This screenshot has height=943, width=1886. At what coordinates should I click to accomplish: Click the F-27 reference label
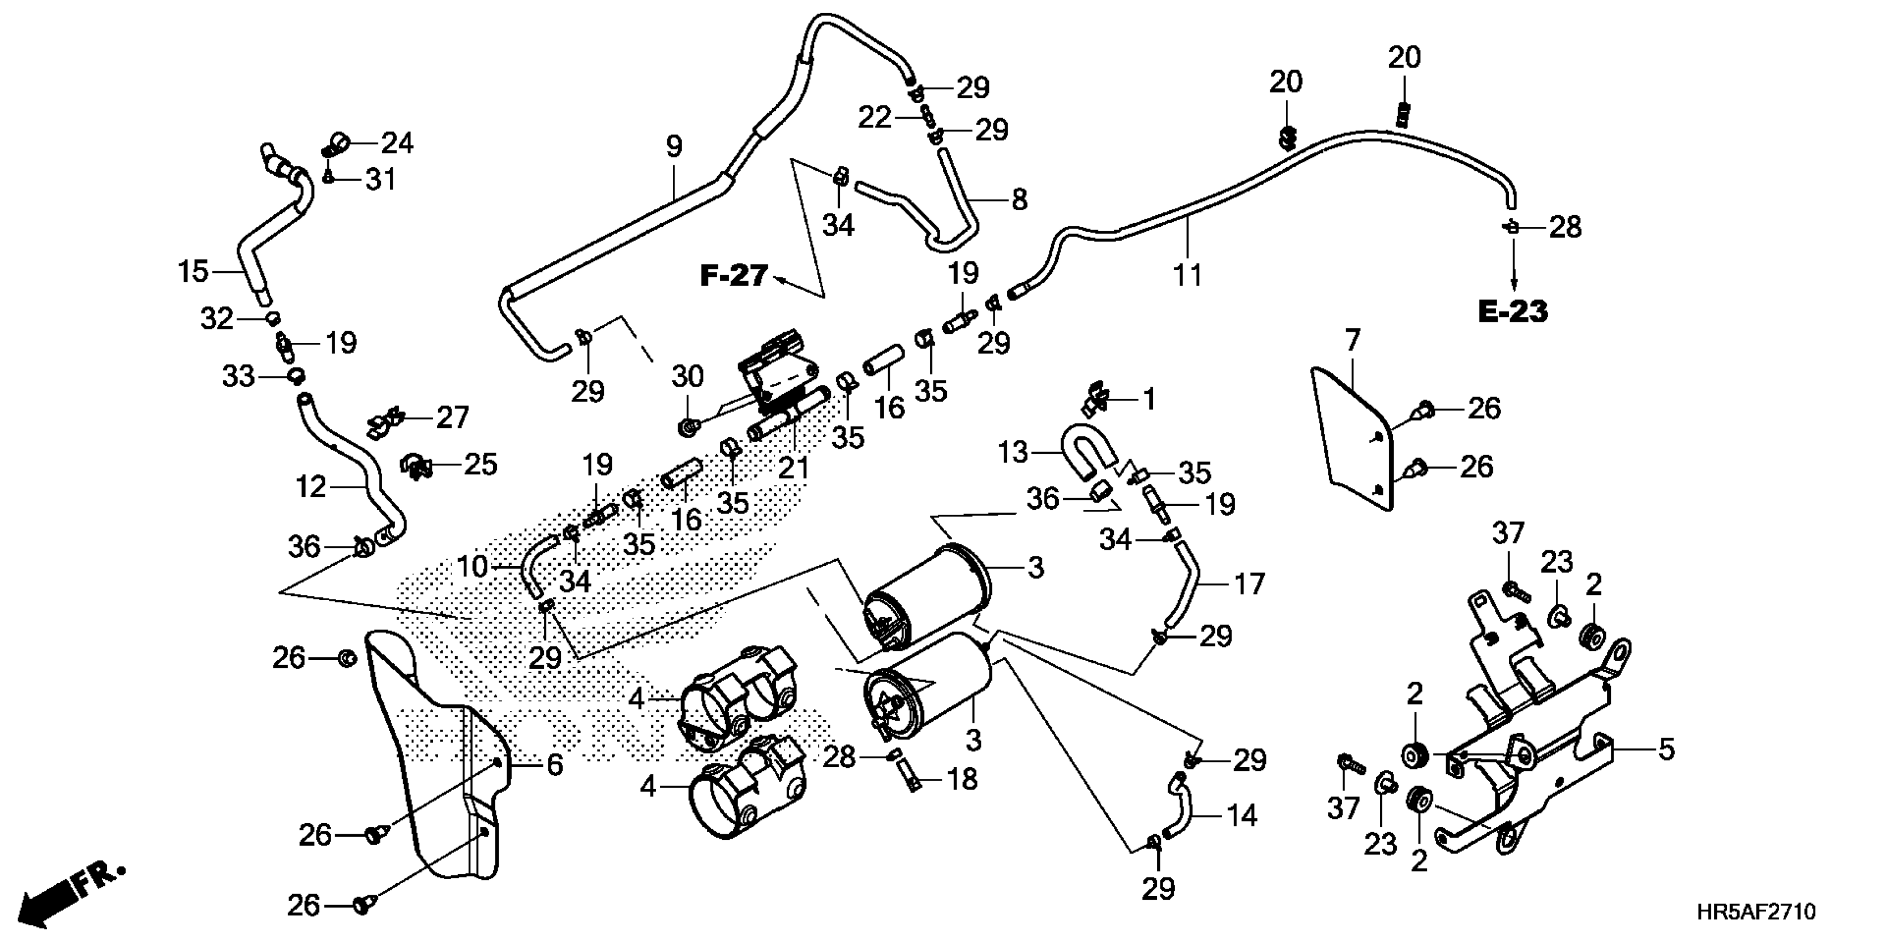734,276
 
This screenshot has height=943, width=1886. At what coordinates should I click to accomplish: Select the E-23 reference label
1513,312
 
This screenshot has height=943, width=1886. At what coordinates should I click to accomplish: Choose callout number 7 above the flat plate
1351,341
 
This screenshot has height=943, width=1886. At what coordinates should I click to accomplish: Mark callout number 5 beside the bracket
1666,750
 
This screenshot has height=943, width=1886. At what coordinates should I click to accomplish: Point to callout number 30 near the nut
687,376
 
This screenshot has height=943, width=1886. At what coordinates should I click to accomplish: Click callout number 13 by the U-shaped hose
1013,453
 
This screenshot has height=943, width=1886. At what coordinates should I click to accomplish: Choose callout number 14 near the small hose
1242,815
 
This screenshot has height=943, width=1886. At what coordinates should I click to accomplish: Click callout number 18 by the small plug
962,780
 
